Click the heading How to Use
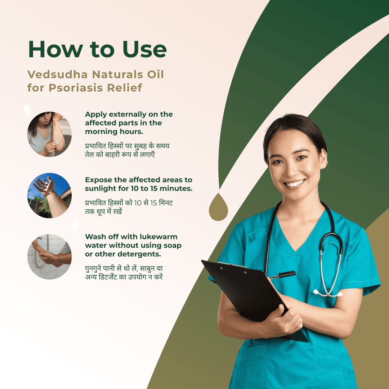click(97, 49)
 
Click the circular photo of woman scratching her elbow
click(49, 134)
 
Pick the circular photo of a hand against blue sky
click(49, 196)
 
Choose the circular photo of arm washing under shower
click(49, 257)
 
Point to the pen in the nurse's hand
click(283, 275)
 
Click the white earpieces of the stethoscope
click(327, 293)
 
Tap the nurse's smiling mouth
click(295, 184)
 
